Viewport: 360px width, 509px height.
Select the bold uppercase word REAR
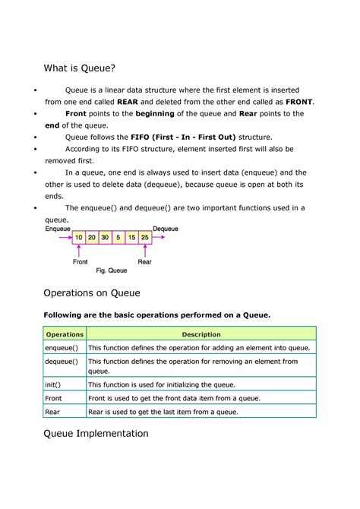(x=128, y=101)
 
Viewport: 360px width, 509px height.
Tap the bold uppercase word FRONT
(x=299, y=101)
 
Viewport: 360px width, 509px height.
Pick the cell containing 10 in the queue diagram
(x=79, y=237)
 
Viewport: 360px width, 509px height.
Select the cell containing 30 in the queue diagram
(x=106, y=237)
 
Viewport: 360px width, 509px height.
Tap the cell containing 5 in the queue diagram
(x=119, y=237)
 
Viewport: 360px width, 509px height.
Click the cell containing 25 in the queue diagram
(x=145, y=237)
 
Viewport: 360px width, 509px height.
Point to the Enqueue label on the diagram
(x=58, y=228)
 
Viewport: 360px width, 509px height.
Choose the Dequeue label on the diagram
(x=166, y=228)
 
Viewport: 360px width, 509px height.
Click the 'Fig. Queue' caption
(x=111, y=270)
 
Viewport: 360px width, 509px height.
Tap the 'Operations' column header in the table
(x=65, y=334)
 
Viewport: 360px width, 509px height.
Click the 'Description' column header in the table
(x=201, y=334)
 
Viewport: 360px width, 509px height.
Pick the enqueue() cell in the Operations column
(x=62, y=347)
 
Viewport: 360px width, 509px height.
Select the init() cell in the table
(x=53, y=385)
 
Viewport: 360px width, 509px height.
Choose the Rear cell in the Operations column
(x=53, y=412)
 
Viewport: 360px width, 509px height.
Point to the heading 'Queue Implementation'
(x=96, y=434)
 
